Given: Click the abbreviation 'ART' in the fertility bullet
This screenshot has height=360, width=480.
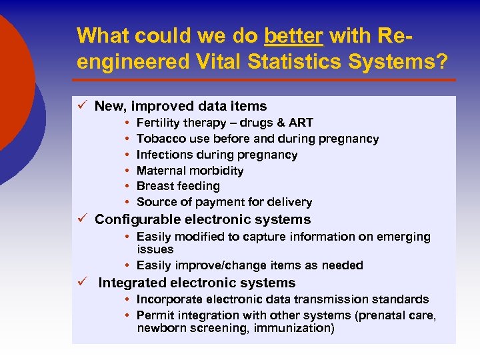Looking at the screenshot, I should click(x=301, y=123).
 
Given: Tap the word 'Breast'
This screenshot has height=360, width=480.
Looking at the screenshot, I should click(x=154, y=186).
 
